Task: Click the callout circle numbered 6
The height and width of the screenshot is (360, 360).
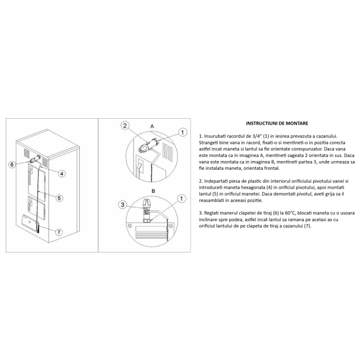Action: (x=12, y=164)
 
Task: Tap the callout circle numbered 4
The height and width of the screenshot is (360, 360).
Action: (x=61, y=173)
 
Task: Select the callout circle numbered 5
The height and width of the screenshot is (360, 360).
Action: (x=60, y=197)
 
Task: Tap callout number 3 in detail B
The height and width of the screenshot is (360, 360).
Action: (x=122, y=204)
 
